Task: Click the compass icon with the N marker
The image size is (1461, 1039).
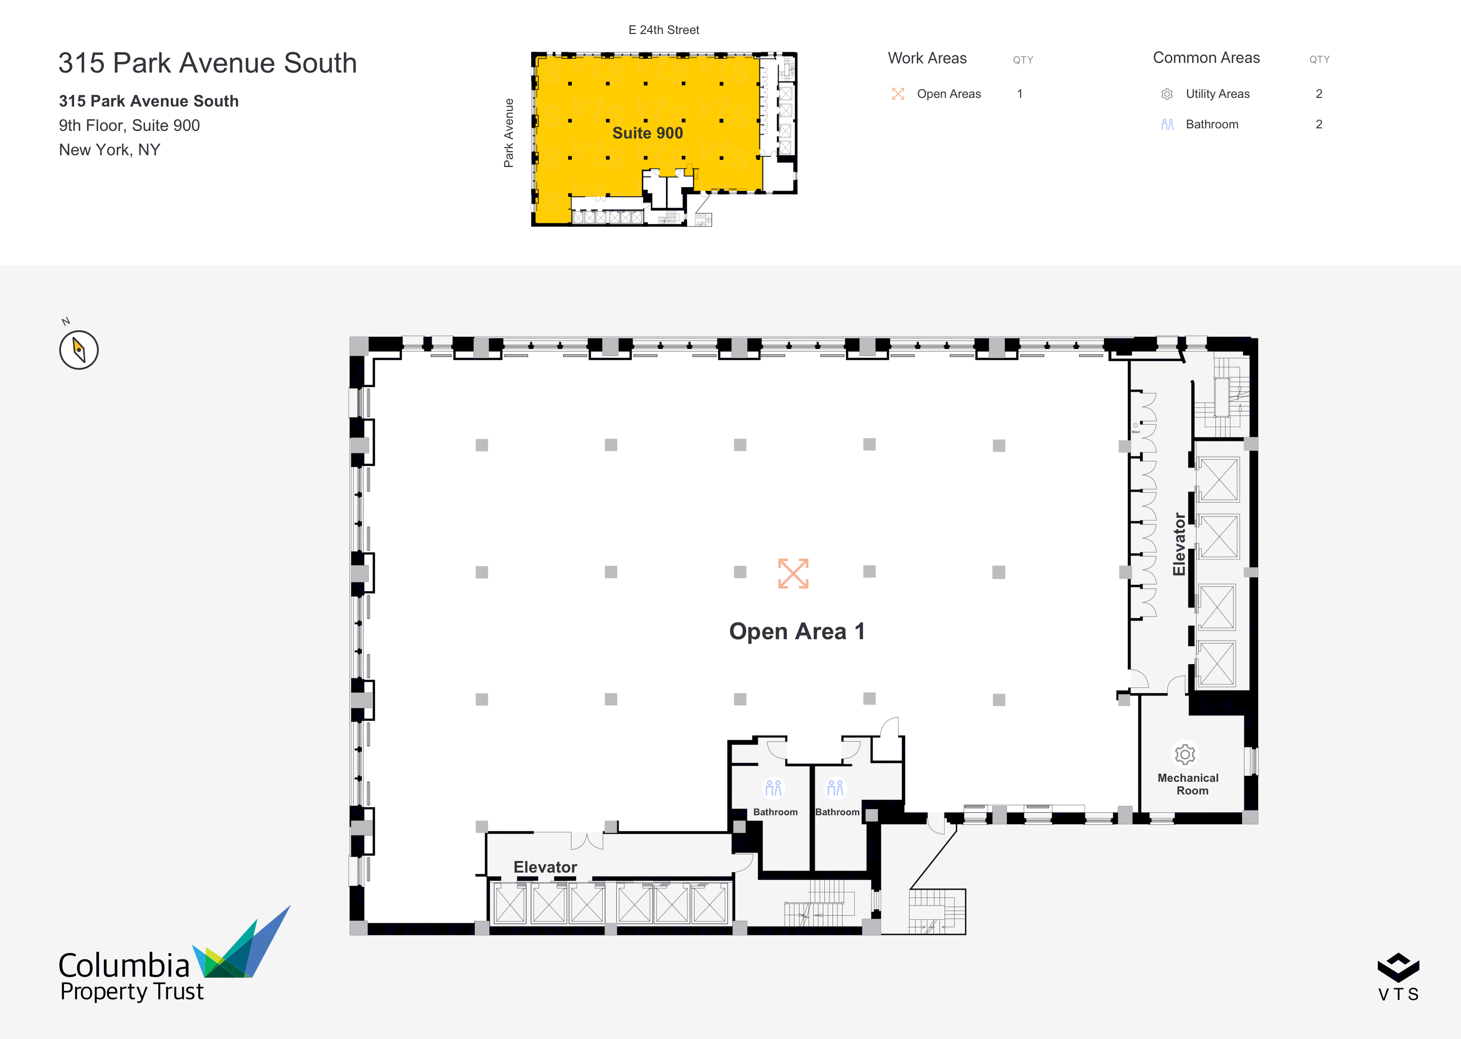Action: (x=79, y=350)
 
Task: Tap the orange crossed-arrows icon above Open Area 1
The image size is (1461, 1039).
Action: (x=793, y=573)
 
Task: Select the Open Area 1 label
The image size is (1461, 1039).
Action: (x=797, y=632)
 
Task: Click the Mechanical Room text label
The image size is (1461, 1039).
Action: (x=1188, y=784)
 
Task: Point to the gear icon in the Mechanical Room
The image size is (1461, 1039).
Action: (x=1185, y=754)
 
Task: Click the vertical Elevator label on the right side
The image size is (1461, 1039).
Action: (x=1179, y=544)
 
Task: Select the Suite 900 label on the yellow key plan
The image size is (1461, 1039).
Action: (x=647, y=133)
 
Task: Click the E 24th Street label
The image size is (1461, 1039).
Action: (x=664, y=30)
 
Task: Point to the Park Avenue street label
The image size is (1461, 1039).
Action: (x=508, y=133)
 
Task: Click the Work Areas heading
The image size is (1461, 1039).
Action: (x=927, y=58)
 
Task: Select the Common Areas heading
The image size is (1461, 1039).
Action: (x=1206, y=57)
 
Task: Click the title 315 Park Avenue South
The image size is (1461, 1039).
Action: (x=208, y=63)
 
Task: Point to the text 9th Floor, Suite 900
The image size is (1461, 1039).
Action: (x=129, y=125)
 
